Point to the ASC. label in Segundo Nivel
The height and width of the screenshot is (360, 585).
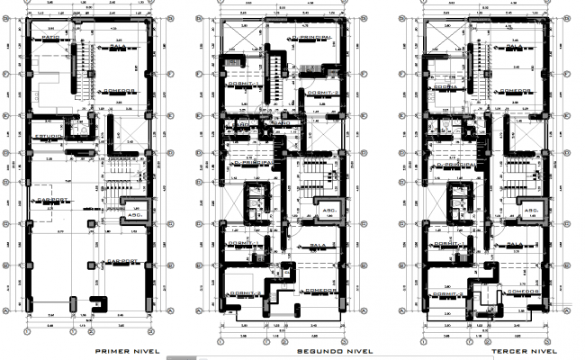coord(329,212)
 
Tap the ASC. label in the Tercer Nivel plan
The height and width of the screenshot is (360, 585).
coord(529,212)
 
